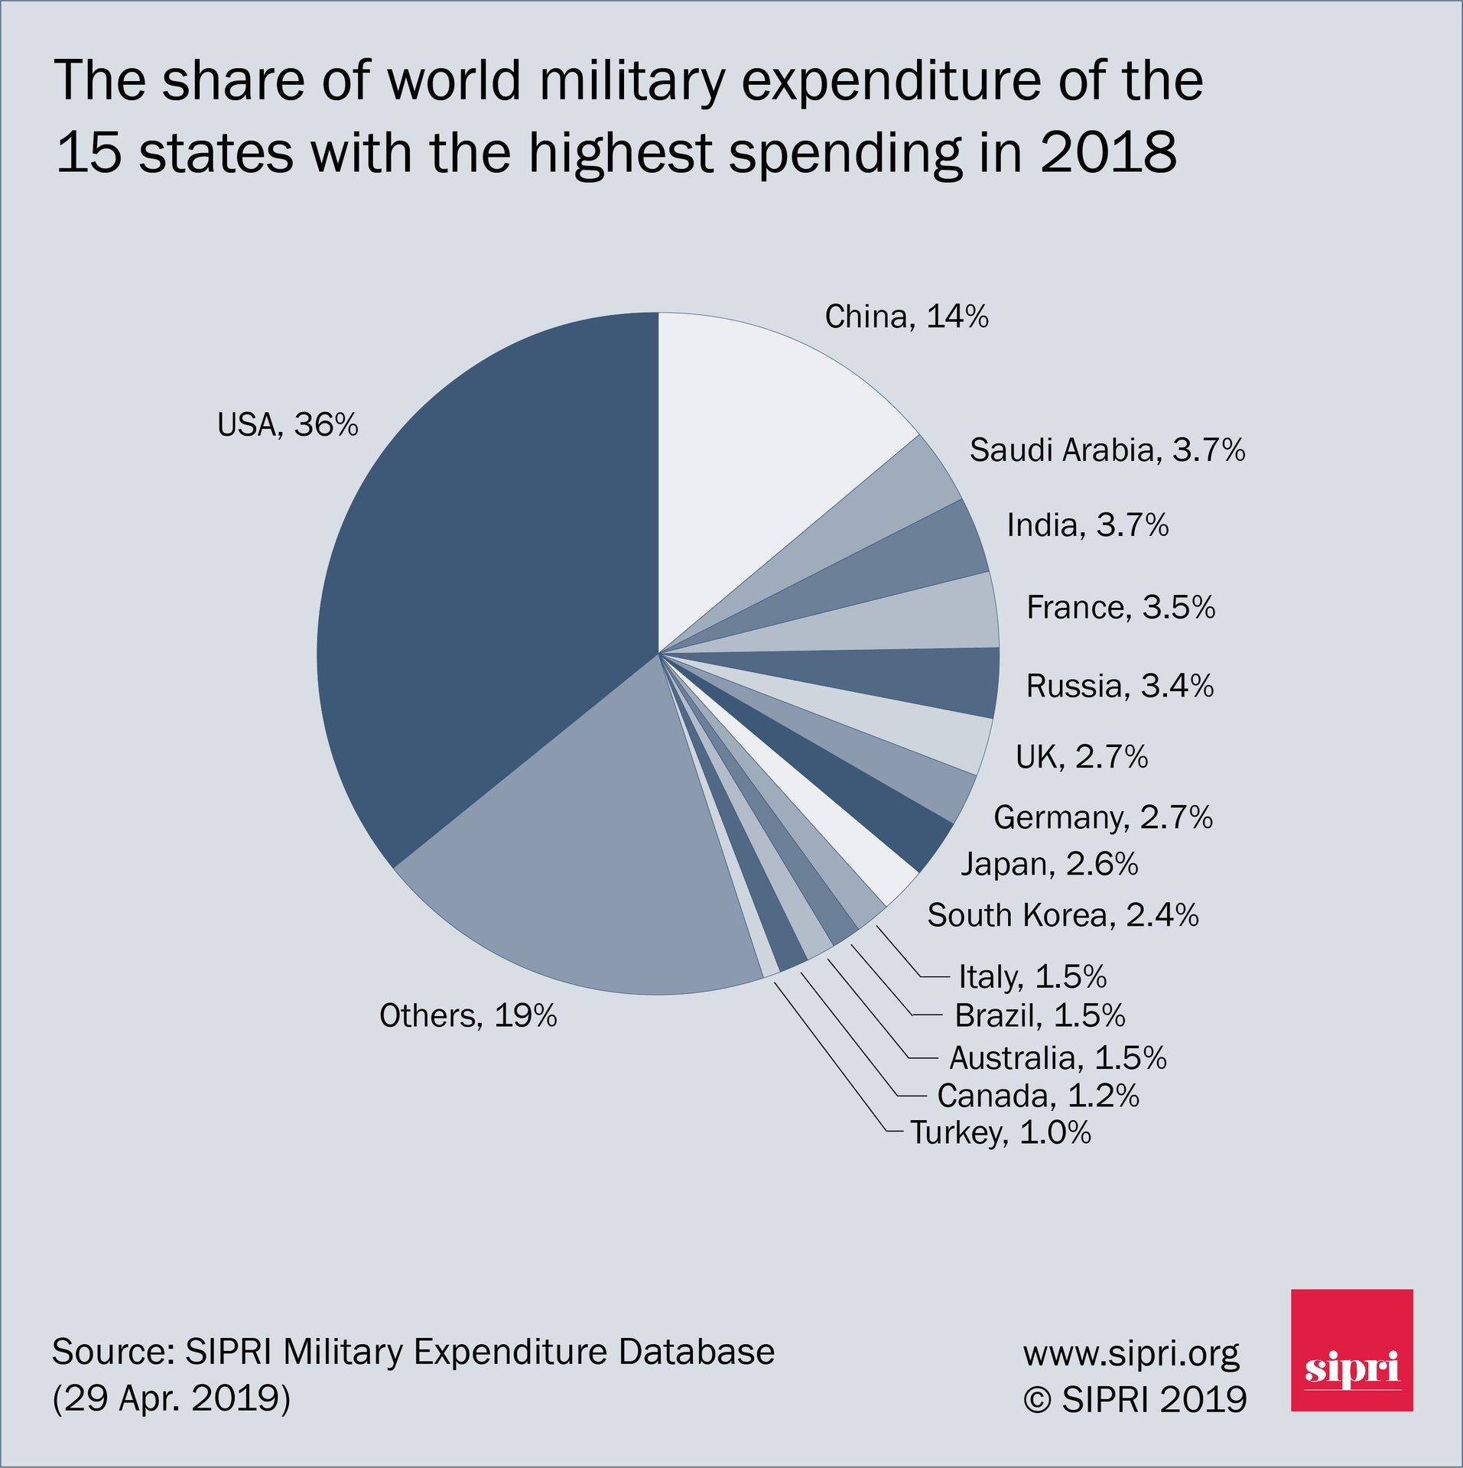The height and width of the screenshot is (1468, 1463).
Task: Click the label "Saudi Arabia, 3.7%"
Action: coord(1107,451)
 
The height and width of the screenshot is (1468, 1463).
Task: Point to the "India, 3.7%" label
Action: coord(1087,525)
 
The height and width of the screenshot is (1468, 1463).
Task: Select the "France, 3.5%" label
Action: coord(1120,607)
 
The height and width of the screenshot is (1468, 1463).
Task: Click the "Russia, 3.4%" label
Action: coord(1120,686)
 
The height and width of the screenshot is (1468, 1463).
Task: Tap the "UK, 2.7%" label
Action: coord(1081,757)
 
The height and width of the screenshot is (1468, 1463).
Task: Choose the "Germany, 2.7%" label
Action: coord(1103,819)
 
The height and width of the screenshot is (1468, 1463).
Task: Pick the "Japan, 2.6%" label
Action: coord(1049,865)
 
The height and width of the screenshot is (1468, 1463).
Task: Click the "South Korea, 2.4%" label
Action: coord(1063,915)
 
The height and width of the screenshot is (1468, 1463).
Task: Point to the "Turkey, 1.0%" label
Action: coord(1000,1132)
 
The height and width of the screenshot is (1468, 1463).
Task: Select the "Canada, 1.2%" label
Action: coord(1038,1096)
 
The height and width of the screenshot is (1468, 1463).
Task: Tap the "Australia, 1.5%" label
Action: coord(1058,1057)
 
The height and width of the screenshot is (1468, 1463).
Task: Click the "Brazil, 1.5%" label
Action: coord(1040,1015)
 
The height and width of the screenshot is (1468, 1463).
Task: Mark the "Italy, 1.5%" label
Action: coord(1032,977)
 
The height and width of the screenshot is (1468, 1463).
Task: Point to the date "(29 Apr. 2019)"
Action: coord(171,1399)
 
